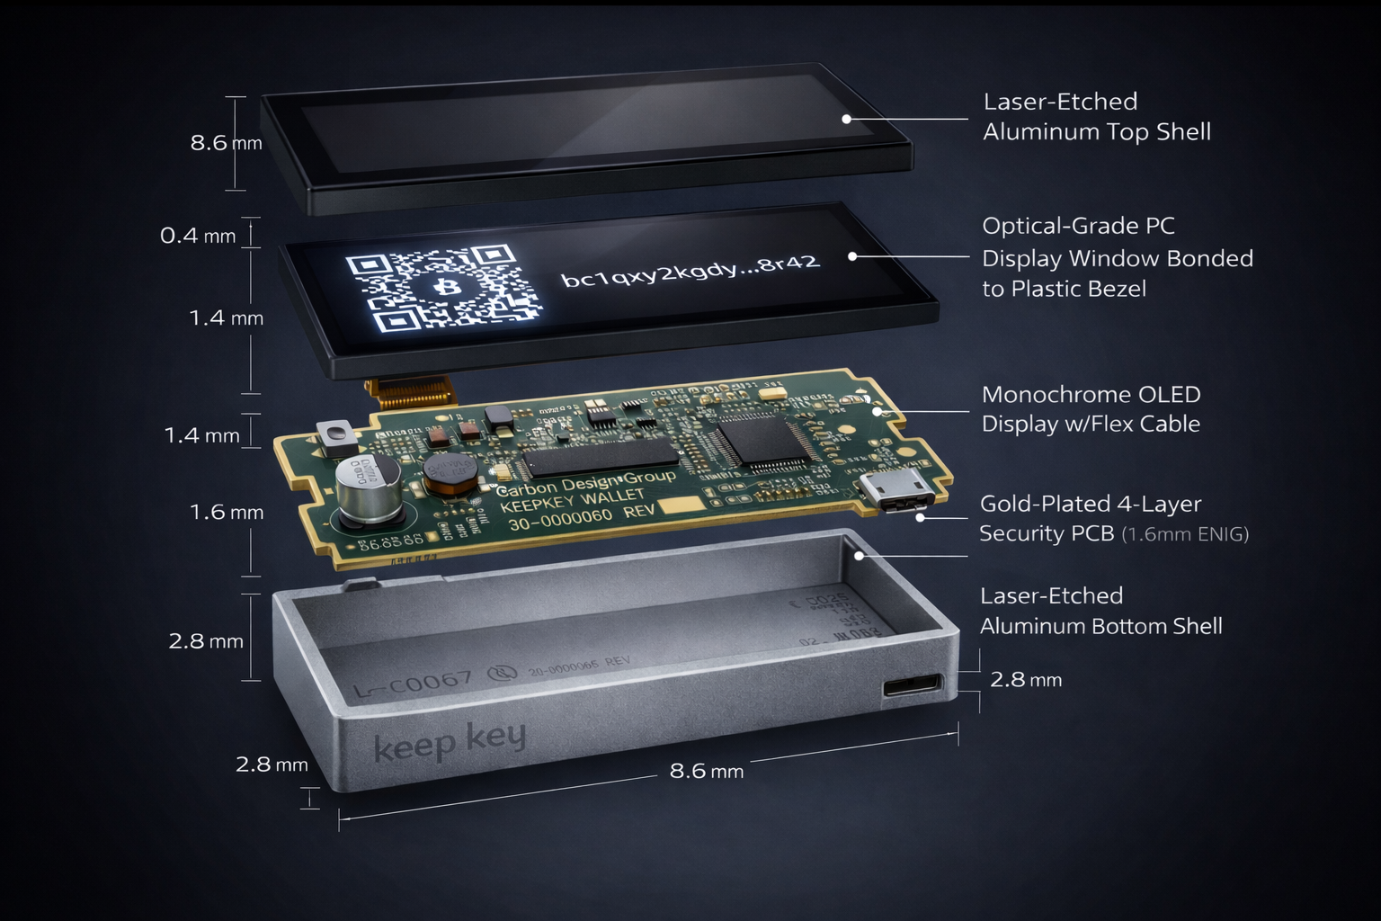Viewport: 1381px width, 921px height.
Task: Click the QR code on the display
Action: point(443,288)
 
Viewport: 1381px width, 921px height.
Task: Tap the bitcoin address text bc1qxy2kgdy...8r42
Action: point(690,268)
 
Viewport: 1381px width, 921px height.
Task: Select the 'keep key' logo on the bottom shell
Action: point(449,742)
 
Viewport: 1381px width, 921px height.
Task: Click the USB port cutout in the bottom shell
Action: point(913,687)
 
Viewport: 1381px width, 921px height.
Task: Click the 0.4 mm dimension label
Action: point(198,236)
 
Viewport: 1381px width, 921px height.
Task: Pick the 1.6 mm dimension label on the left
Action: point(227,513)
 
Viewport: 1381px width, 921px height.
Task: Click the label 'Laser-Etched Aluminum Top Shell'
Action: point(1096,117)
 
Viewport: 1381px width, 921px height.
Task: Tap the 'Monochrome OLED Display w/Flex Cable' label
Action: point(1091,409)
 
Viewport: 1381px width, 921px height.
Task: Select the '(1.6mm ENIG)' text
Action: point(1185,534)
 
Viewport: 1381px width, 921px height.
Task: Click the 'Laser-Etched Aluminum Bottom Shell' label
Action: point(1100,611)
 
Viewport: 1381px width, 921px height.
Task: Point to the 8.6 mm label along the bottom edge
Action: point(706,771)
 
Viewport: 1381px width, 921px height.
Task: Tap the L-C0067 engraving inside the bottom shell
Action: point(413,684)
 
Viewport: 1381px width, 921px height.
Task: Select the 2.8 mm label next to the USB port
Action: point(1026,680)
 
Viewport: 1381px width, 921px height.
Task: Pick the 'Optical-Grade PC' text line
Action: point(1078,226)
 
